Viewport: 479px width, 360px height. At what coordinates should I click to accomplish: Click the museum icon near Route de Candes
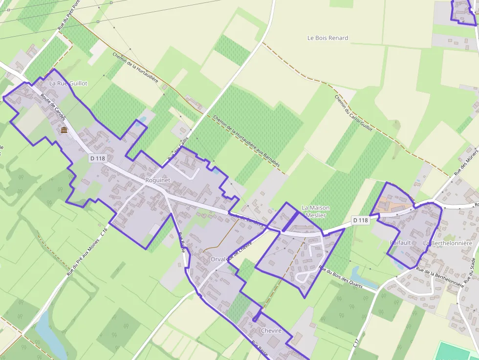(x=64, y=130)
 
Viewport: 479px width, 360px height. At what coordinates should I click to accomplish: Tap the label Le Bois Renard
(x=327, y=38)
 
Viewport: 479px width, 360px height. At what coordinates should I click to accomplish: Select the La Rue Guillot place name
(x=68, y=84)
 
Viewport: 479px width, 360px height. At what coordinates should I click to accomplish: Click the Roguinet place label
(x=157, y=180)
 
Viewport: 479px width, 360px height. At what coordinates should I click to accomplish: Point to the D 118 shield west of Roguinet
(x=98, y=158)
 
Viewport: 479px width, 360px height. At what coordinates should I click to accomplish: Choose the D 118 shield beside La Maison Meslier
(x=360, y=220)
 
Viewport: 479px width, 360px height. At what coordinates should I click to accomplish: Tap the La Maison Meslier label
(x=315, y=211)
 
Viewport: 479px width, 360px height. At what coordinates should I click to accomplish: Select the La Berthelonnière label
(x=447, y=243)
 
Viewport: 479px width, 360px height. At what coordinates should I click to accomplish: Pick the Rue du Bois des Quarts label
(x=341, y=277)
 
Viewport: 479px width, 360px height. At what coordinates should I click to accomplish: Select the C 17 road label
(x=356, y=343)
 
